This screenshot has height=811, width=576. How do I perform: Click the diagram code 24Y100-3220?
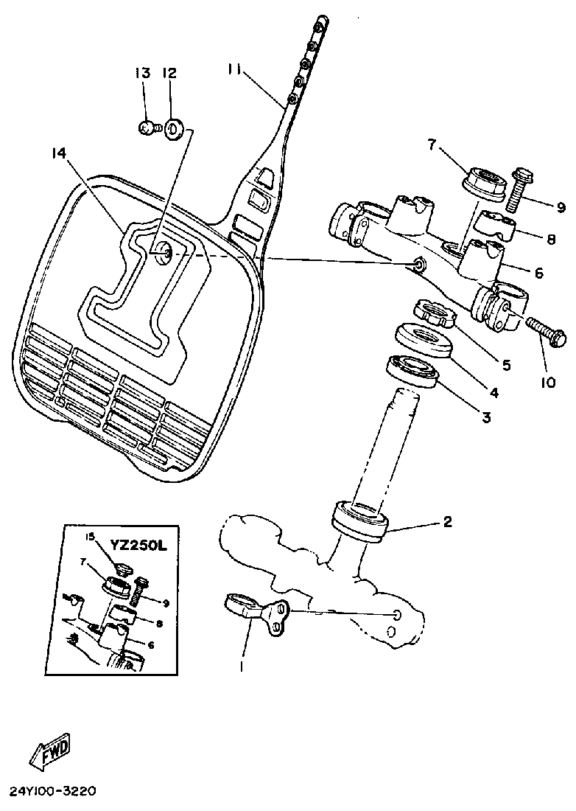52,791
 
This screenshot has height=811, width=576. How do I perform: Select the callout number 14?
59,153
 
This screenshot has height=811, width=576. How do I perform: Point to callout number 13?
142,73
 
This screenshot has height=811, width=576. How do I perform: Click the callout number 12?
169,73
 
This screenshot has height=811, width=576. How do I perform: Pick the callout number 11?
235,70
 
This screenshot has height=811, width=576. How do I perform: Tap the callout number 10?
548,383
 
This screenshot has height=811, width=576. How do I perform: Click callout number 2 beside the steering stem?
446,522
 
